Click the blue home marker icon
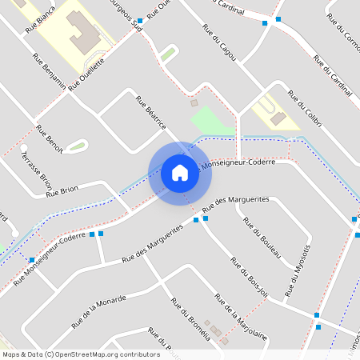[x=180, y=173]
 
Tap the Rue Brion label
[x=62, y=190]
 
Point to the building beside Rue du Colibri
[x=278, y=118]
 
